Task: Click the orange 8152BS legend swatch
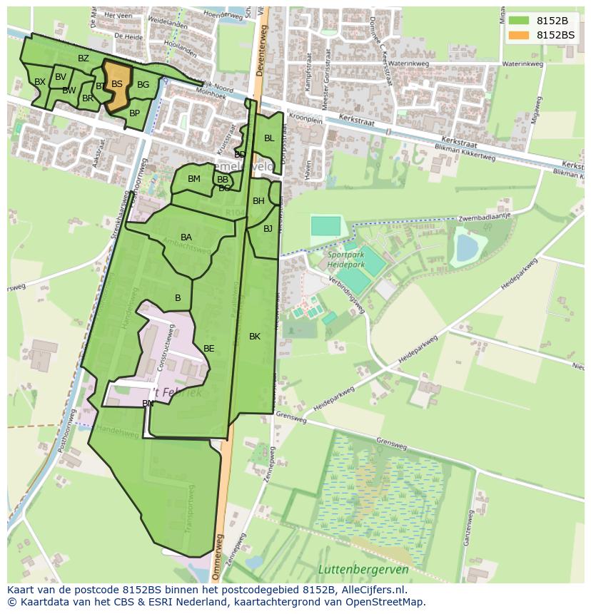click(519, 35)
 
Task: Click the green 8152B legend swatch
click(519, 21)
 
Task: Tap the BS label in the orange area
click(117, 84)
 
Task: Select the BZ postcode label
click(84, 58)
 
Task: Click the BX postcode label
click(40, 82)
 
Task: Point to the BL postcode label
click(269, 138)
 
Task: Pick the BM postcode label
click(194, 179)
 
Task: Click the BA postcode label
click(186, 237)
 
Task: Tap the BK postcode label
click(255, 337)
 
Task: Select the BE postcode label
click(209, 349)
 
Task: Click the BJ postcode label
click(268, 229)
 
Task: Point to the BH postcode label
click(258, 201)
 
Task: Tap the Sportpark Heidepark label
click(346, 259)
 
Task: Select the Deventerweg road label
click(261, 50)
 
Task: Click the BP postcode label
click(134, 113)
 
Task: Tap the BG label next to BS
click(143, 85)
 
